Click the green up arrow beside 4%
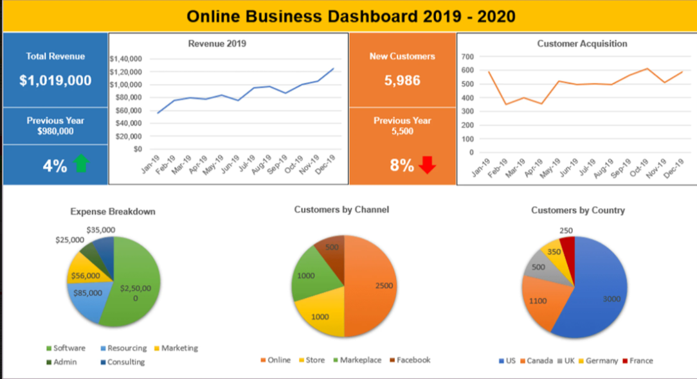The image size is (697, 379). [80, 164]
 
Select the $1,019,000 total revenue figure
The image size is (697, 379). [55, 81]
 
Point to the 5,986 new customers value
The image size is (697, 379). [402, 80]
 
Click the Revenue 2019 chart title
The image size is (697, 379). [217, 44]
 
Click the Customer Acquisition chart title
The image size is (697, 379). [582, 44]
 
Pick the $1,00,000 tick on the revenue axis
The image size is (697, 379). [126, 84]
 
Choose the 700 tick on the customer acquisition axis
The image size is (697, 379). [467, 57]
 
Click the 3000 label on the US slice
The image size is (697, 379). [612, 299]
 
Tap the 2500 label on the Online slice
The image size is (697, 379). [385, 286]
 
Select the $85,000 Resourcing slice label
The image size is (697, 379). [87, 293]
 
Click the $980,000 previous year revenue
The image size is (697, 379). [55, 132]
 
